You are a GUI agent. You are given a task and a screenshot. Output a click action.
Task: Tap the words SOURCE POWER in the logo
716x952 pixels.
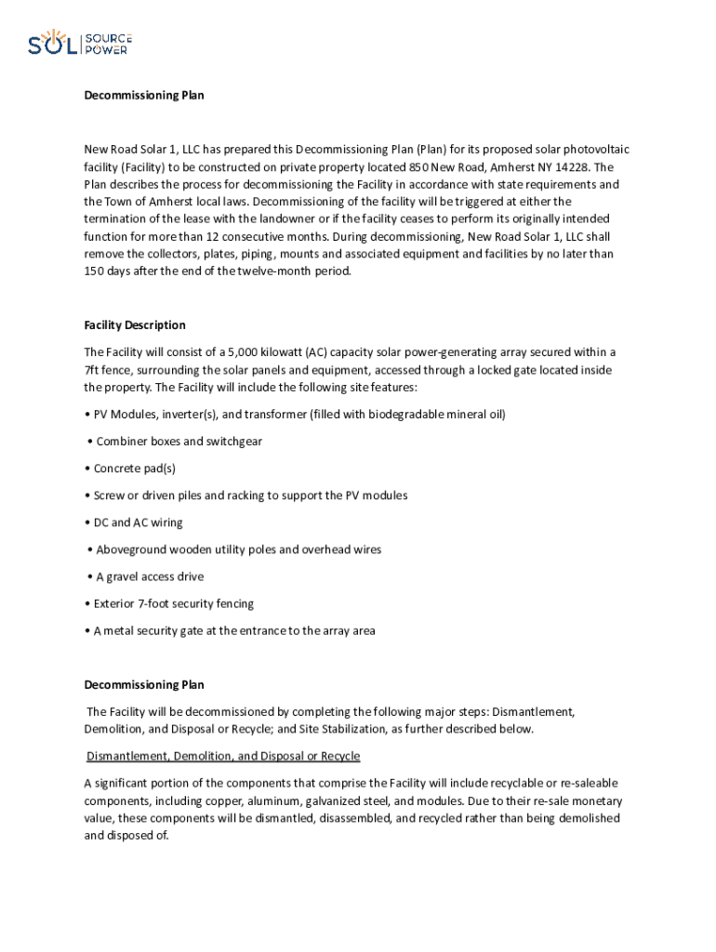point(108,44)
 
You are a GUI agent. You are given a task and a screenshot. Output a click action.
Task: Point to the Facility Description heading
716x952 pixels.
point(135,325)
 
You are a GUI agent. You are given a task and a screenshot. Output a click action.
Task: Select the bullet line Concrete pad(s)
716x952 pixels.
point(135,469)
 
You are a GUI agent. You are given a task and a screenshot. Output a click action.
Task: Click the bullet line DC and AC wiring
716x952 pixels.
point(139,522)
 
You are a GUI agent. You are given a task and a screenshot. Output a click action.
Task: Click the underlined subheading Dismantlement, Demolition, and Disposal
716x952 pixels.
point(223,756)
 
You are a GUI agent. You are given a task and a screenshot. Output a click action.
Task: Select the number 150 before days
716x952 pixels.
point(95,271)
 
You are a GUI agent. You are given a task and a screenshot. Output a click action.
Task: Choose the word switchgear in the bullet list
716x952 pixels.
point(231,442)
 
